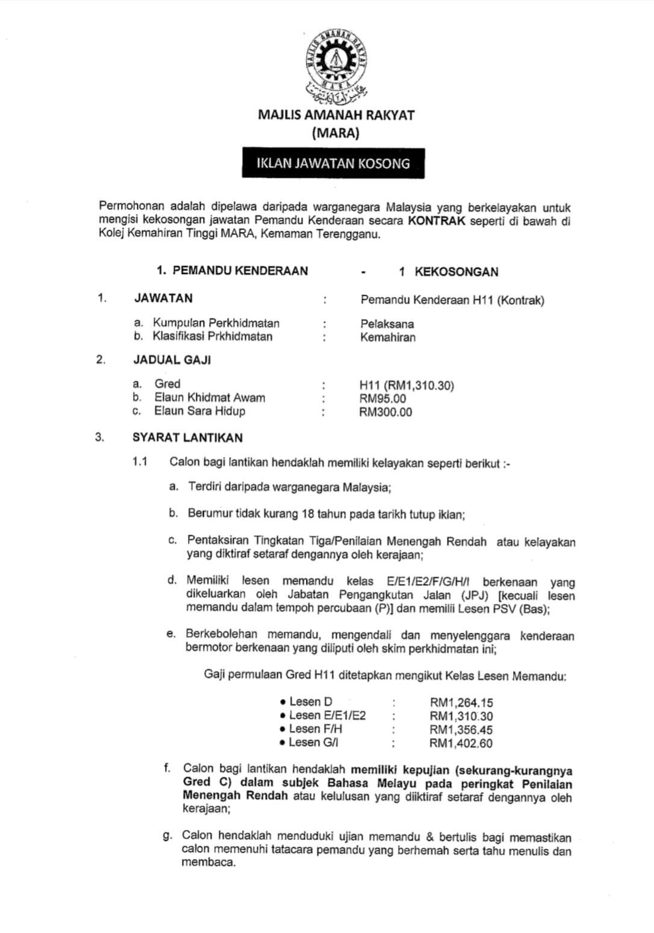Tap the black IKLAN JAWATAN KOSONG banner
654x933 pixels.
pos(333,163)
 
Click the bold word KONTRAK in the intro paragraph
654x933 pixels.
pos(437,221)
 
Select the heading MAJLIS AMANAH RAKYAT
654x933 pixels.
pos(336,115)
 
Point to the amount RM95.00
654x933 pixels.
pos(382,398)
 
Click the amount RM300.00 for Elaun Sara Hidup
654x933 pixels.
pos(385,412)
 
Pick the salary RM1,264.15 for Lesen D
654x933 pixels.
pos(461,702)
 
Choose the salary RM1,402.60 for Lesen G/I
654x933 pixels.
pos(461,743)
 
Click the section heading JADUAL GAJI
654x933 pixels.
pos(172,360)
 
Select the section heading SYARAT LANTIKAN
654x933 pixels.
pos(187,438)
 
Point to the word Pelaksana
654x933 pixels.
pos(387,324)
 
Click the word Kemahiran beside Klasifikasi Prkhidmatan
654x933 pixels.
pos(388,337)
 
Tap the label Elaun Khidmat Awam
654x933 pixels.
pos(210,397)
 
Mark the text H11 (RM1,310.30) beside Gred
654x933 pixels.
pos(406,385)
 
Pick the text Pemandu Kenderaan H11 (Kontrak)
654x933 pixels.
pos(452,300)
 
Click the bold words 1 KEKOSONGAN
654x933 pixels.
pos(448,272)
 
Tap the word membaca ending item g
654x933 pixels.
pos(208,862)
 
